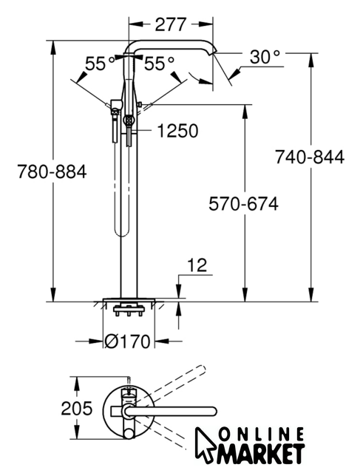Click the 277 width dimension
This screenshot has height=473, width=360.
tap(171, 24)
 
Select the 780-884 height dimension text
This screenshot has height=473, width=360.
tap(52, 171)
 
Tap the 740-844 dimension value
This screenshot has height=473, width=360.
tap(310, 157)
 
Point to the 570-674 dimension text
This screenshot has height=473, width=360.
tap(243, 204)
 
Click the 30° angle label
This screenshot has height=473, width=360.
tap(265, 57)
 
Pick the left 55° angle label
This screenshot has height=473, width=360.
tap(100, 64)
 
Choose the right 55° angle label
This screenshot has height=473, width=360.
tap(160, 64)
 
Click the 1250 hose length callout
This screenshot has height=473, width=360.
tap(178, 131)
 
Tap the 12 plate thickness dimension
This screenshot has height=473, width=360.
tap(197, 265)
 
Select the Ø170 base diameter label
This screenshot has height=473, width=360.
tap(127, 341)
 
